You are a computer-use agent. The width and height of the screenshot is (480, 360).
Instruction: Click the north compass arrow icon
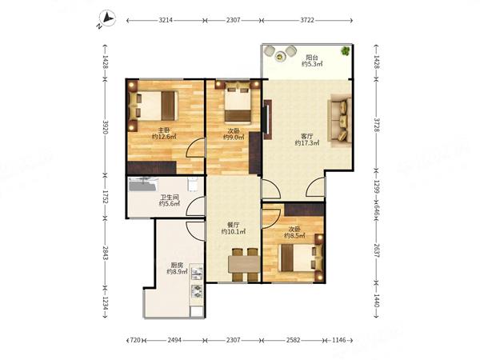[107, 19]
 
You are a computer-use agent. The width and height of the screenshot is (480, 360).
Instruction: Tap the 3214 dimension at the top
[166, 20]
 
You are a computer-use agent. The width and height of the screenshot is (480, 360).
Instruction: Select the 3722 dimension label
[307, 20]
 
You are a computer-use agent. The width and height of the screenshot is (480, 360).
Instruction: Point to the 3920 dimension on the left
[106, 126]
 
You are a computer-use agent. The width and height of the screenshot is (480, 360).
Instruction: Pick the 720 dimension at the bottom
[135, 340]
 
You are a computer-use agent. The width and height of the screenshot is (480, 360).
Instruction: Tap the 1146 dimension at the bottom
[338, 340]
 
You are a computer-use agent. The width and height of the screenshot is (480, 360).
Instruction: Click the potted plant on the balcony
[346, 51]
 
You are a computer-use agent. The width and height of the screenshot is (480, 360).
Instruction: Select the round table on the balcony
[279, 56]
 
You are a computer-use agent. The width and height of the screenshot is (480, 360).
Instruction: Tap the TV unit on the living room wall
[268, 120]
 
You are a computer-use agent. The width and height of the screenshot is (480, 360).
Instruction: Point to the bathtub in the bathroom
[143, 185]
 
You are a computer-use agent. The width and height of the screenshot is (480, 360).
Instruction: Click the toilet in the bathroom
[192, 184]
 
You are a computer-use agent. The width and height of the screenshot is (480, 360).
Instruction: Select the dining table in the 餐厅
[244, 265]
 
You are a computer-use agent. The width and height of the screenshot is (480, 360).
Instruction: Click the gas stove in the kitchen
[197, 291]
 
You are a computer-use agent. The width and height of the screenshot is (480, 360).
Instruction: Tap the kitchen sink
[197, 274]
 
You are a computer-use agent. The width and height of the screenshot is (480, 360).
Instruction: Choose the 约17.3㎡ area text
[307, 142]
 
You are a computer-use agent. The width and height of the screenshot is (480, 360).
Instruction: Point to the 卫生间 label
[169, 198]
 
